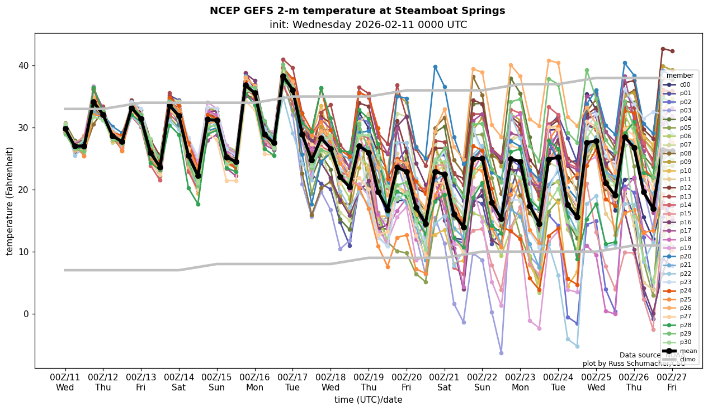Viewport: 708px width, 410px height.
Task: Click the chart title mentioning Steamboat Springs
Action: click(x=357, y=11)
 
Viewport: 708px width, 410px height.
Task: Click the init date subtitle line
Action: click(x=368, y=25)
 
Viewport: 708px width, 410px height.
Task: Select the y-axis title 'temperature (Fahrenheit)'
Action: click(x=10, y=201)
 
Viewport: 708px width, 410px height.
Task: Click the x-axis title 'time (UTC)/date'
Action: click(x=368, y=399)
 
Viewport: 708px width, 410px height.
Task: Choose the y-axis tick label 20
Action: click(x=25, y=190)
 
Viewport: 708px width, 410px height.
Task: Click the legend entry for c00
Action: click(x=685, y=84)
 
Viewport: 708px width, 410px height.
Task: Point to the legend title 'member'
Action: click(x=680, y=75)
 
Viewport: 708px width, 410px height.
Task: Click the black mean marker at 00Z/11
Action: click(x=65, y=129)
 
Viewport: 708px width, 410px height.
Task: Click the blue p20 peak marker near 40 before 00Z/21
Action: click(x=435, y=67)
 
